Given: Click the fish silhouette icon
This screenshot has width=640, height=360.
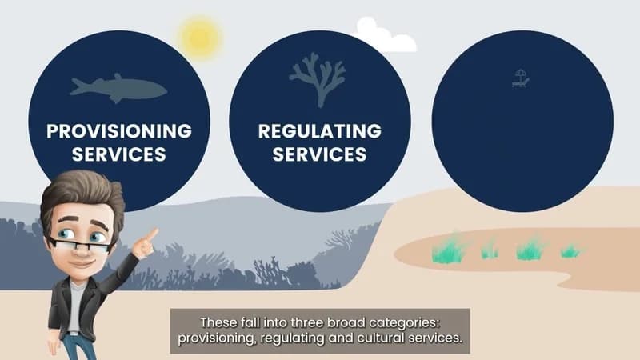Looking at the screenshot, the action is pos(118,88).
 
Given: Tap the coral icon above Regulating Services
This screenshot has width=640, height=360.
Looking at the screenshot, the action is pos(318,80).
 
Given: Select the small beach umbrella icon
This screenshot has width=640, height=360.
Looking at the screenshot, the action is pos(521,78).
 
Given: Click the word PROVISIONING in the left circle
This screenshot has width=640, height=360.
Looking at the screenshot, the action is pos(119,131).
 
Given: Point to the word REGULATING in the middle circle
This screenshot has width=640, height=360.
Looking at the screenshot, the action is pos(320,131).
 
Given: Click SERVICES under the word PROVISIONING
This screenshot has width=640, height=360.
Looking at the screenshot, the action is pos(119,154).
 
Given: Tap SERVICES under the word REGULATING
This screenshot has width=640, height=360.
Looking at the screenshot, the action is pos(319,154).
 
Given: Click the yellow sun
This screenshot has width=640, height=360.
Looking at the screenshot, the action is pos(201,38).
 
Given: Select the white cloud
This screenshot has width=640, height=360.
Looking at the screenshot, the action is pos(386,35).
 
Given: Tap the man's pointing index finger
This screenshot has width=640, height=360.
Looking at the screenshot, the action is pos(152,234).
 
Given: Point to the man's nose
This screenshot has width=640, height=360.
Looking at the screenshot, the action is pos(84,250).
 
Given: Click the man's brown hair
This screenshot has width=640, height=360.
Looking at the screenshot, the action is pos(82,194).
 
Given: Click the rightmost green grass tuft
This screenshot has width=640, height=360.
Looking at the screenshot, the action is pos(572,251).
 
